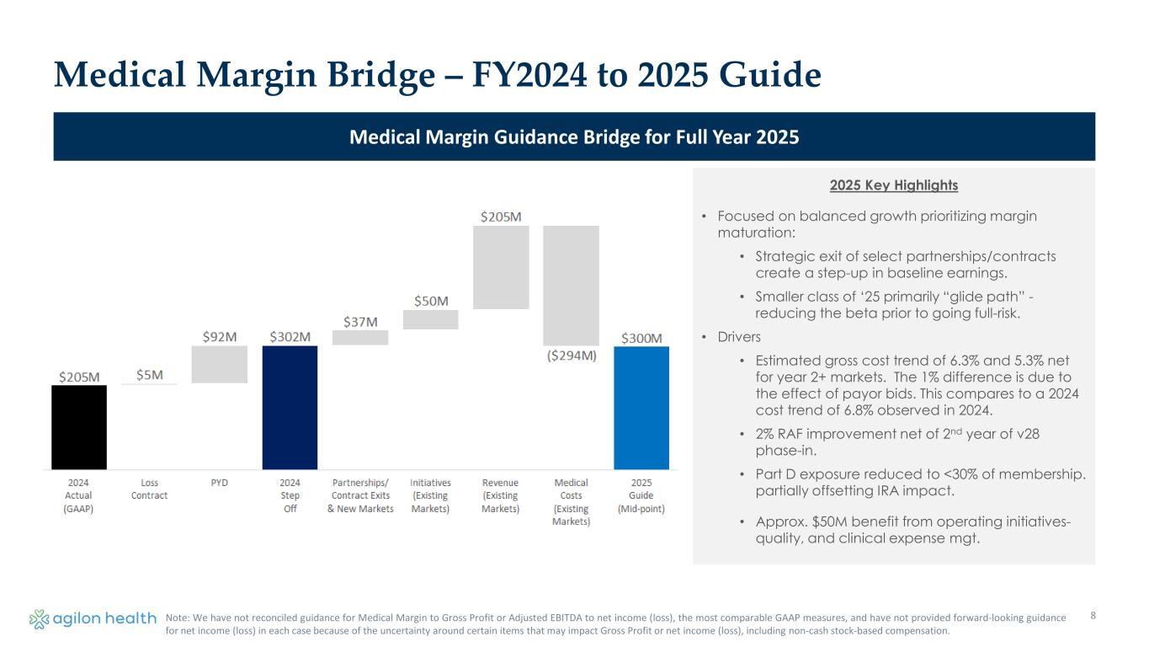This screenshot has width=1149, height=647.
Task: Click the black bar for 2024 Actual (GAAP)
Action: (79, 427)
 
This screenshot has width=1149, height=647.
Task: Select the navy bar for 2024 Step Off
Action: (290, 407)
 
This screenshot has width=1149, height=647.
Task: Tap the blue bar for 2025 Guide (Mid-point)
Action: (641, 408)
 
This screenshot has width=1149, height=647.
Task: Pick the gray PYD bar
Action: (220, 364)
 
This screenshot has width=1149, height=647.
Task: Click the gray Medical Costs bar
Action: (571, 285)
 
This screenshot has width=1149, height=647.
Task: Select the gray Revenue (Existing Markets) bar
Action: (501, 267)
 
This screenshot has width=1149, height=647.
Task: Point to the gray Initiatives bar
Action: (430, 319)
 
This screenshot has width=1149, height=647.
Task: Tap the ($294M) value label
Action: (571, 356)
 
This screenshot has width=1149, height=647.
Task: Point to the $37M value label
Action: (360, 322)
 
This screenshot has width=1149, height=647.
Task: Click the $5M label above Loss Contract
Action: (150, 375)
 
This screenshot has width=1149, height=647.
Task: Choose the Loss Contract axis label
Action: (150, 489)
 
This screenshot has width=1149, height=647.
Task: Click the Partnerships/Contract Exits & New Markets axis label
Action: (360, 495)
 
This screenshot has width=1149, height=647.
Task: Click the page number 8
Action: (1093, 616)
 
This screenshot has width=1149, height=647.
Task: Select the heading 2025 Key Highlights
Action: (893, 185)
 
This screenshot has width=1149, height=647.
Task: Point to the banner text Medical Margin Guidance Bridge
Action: (574, 136)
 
